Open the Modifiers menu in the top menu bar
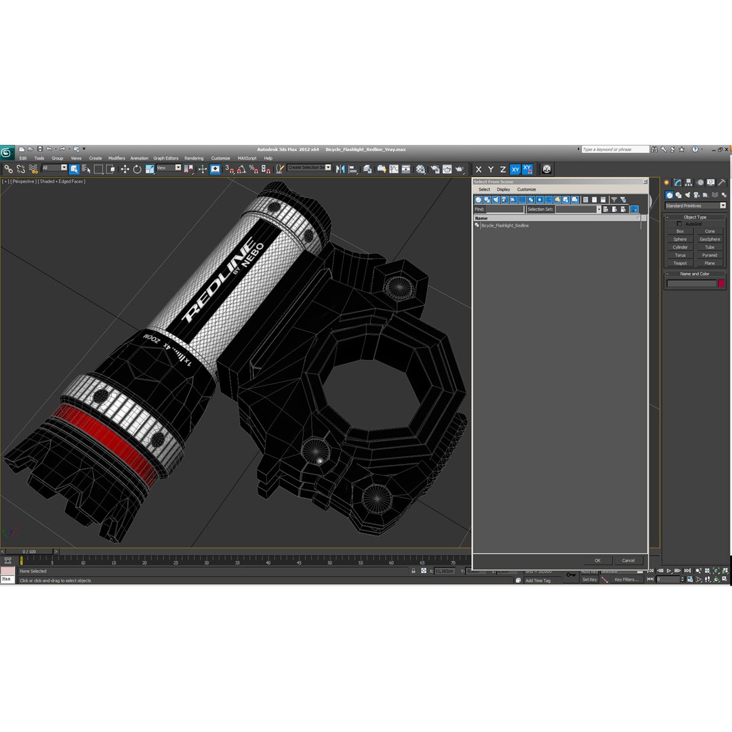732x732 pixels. pyautogui.click(x=117, y=158)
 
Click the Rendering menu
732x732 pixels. pyautogui.click(x=194, y=158)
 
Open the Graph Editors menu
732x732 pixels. pyautogui.click(x=165, y=158)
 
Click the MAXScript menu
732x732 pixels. pyautogui.click(x=247, y=158)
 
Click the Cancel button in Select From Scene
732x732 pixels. pyautogui.click(x=628, y=561)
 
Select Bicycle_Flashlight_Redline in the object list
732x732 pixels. pyautogui.click(x=504, y=226)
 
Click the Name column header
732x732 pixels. pyautogui.click(x=481, y=218)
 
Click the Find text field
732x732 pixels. pyautogui.click(x=505, y=209)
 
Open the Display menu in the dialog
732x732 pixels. pyautogui.click(x=503, y=190)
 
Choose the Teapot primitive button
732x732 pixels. pyautogui.click(x=680, y=263)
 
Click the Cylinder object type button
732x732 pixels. pyautogui.click(x=680, y=247)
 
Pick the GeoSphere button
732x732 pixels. pyautogui.click(x=710, y=239)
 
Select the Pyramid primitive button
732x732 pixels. pyautogui.click(x=710, y=256)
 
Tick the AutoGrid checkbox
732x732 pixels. pyautogui.click(x=680, y=224)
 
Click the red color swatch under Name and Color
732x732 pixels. pyautogui.click(x=721, y=283)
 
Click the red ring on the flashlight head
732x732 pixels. pyautogui.click(x=102, y=441)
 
